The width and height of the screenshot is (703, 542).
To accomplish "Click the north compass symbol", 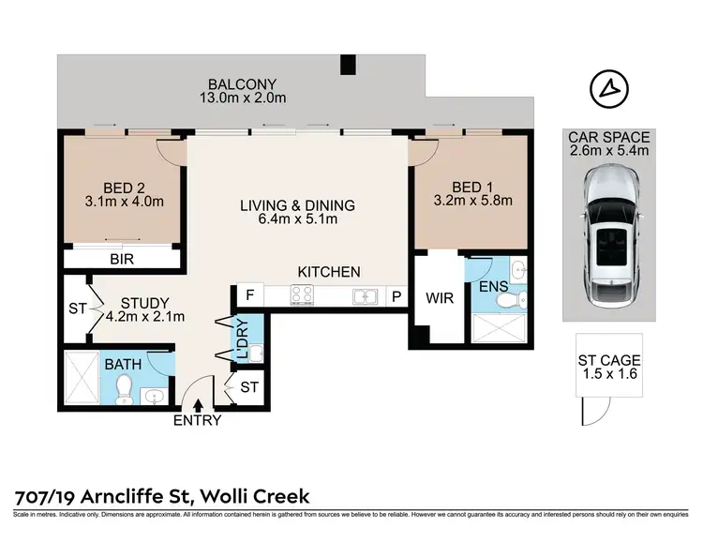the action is pyautogui.click(x=609, y=89).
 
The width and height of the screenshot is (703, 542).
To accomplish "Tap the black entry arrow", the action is pyautogui.click(x=198, y=405).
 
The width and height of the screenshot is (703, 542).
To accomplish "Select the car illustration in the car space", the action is pyautogui.click(x=609, y=236).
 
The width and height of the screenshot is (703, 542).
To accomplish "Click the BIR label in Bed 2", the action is pyautogui.click(x=122, y=259).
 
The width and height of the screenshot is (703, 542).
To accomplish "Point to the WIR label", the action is pyautogui.click(x=440, y=298).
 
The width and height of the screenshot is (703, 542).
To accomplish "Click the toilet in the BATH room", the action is pyautogui.click(x=124, y=389).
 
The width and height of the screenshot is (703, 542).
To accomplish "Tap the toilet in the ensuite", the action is pyautogui.click(x=511, y=300).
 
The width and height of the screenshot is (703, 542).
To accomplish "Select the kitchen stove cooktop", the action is pyautogui.click(x=302, y=294).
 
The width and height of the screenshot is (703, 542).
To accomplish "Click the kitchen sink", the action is pyautogui.click(x=366, y=296).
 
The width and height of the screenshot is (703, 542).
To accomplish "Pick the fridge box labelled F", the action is pyautogui.click(x=249, y=294).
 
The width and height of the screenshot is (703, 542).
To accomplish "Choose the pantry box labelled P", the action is pyautogui.click(x=396, y=296).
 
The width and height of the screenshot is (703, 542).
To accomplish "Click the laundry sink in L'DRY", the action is pyautogui.click(x=256, y=354).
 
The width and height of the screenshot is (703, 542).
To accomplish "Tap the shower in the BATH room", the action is pyautogui.click(x=82, y=378).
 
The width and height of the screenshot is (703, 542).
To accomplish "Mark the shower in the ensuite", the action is pyautogui.click(x=499, y=328).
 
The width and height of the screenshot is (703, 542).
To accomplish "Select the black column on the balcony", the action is pyautogui.click(x=348, y=64).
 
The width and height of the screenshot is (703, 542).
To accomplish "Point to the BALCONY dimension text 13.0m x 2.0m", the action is pyautogui.click(x=243, y=98).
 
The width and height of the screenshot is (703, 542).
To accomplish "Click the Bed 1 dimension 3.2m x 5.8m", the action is pyautogui.click(x=472, y=200).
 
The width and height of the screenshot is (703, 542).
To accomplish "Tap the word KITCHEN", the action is pyautogui.click(x=329, y=272).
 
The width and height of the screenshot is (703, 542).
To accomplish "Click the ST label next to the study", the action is pyautogui.click(x=77, y=309).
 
